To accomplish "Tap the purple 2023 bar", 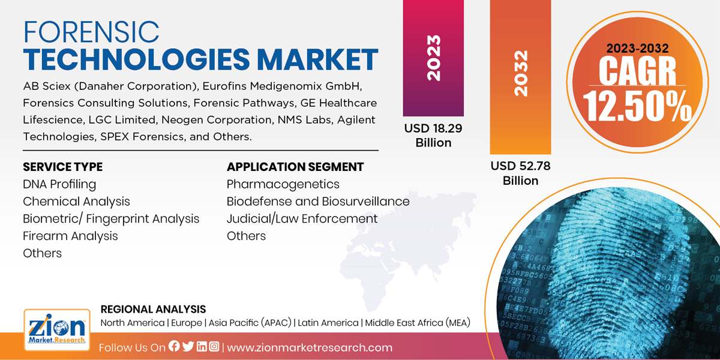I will click(x=433, y=58).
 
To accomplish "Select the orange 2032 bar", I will click(x=520, y=75).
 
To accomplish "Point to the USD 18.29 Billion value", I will click(x=433, y=135).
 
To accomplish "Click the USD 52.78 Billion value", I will click(x=520, y=173).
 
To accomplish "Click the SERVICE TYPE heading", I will click(x=62, y=167).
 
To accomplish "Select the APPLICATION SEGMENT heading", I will click(x=295, y=167).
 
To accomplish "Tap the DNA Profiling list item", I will click(x=59, y=184).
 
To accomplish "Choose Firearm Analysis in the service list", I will click(x=70, y=236).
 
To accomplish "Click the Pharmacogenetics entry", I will click(x=283, y=184).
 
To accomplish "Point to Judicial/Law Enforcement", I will click(x=302, y=218).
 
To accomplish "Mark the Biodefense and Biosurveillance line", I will click(x=318, y=202).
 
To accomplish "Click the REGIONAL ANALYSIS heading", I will click(x=153, y=310).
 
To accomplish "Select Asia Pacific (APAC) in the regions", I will click(x=250, y=323).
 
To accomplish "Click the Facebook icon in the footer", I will click(x=174, y=347).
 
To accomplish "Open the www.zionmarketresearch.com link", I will click(x=310, y=347).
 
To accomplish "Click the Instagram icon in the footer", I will click(x=214, y=347).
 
